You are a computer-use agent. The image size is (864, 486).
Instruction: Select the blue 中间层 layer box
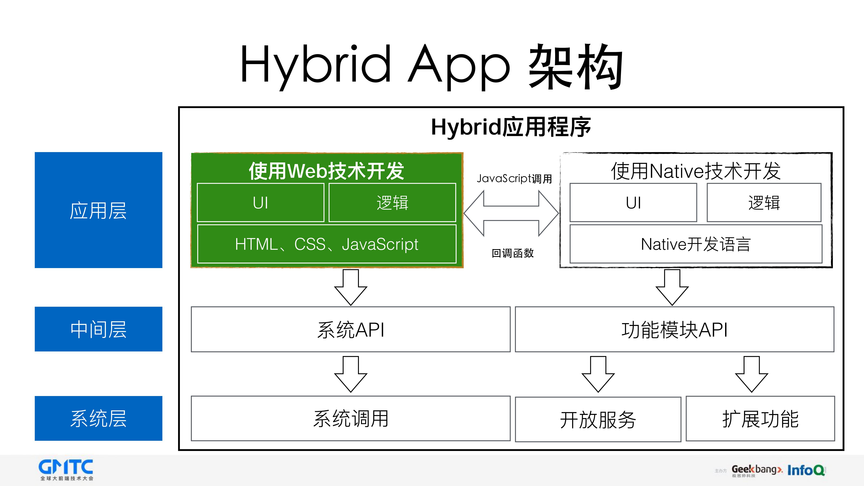pyautogui.click(x=98, y=329)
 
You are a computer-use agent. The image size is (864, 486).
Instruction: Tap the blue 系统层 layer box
pyautogui.click(x=98, y=418)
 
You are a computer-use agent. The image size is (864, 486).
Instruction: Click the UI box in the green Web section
pyautogui.click(x=260, y=203)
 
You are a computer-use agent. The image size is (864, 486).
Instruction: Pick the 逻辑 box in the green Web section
pyautogui.click(x=392, y=203)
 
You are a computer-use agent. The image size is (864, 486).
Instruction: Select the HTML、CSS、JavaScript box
pyautogui.click(x=327, y=244)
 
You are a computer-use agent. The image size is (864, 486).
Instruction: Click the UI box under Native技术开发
pyautogui.click(x=633, y=203)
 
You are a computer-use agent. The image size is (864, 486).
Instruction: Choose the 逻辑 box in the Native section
pyautogui.click(x=764, y=203)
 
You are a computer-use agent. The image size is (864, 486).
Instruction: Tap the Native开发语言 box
pyautogui.click(x=696, y=244)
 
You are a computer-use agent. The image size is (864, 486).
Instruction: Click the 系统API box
pyautogui.click(x=351, y=329)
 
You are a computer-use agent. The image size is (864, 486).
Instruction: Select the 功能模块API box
pyautogui.click(x=674, y=329)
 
